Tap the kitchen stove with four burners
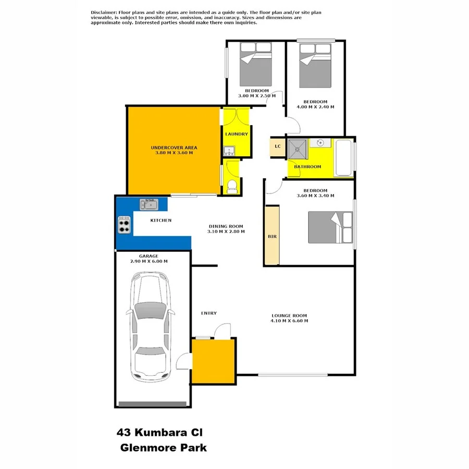124,225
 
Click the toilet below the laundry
232,186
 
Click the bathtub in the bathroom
343,158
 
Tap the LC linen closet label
278,146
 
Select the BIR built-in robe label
271,237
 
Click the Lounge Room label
289,315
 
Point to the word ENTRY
208,313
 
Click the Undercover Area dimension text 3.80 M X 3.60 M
174,153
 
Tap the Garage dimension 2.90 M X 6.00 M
149,261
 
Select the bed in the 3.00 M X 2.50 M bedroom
255,65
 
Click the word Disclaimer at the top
104,12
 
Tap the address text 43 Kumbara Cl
162,432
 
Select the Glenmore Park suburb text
163,447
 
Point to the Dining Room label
226,226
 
